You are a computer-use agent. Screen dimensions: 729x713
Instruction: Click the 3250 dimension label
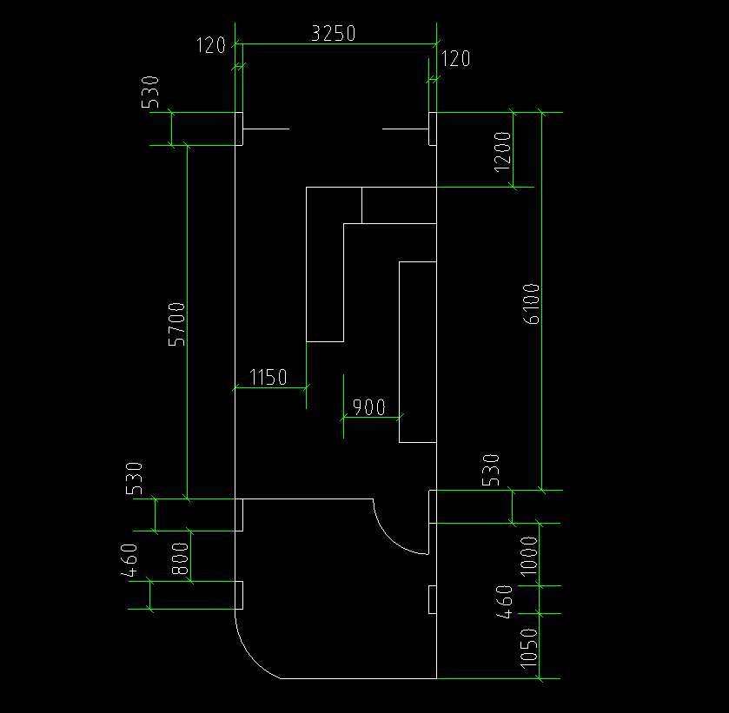point(334,34)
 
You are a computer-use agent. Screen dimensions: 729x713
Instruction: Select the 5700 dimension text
point(176,324)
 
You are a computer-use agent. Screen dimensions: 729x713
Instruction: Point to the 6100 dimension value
point(532,303)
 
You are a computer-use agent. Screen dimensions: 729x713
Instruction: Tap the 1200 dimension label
point(502,151)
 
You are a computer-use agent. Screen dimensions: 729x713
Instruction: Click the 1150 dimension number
point(268,377)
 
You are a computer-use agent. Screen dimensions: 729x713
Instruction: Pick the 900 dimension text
point(369,407)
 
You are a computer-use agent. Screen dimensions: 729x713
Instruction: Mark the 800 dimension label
point(181,558)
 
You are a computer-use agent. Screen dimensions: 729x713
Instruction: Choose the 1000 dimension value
point(529,557)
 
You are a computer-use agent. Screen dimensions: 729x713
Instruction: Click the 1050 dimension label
point(529,649)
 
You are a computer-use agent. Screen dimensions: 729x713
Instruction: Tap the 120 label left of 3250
point(211,45)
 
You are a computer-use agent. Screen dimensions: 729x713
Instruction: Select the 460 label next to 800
point(129,560)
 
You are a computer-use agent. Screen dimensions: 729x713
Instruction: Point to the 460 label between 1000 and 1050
point(505,602)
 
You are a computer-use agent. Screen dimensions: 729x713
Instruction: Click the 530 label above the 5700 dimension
point(150,92)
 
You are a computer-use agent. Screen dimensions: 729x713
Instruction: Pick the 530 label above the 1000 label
point(491,470)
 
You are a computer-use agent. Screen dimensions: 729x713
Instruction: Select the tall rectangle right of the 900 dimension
point(417,352)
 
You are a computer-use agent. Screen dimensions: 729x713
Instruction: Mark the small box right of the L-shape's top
point(399,205)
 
